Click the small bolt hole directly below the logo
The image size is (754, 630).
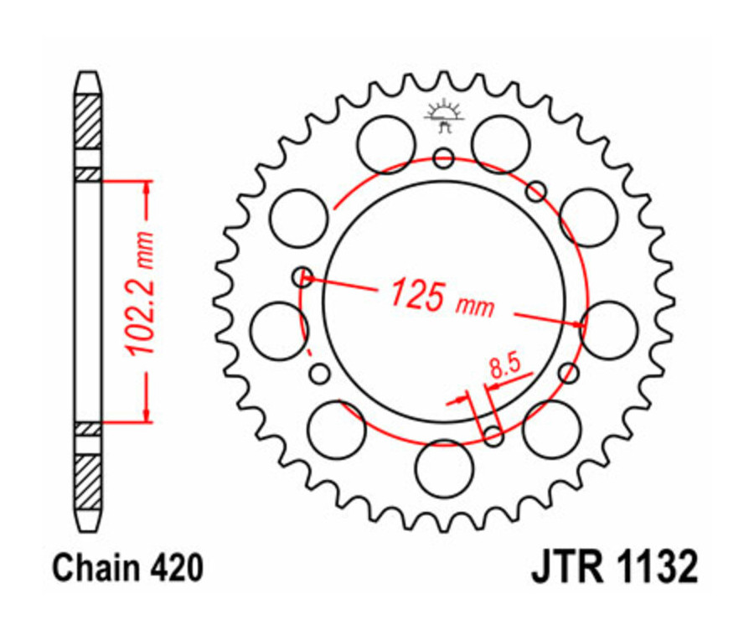pyautogui.click(x=444, y=157)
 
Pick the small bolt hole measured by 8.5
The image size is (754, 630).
pyautogui.click(x=494, y=435)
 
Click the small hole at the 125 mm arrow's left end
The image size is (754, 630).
pyautogui.click(x=302, y=276)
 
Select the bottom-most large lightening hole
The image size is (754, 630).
pyautogui.click(x=444, y=467)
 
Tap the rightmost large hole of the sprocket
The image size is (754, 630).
pyautogui.click(x=609, y=330)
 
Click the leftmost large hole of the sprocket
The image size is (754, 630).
pyautogui.click(x=279, y=330)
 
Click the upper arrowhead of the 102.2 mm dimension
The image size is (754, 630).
pyautogui.click(x=147, y=186)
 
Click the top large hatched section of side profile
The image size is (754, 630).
pyautogui.click(x=88, y=122)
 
